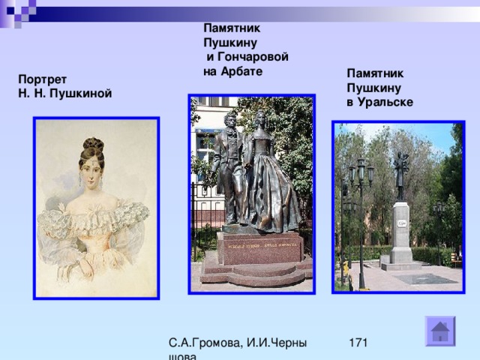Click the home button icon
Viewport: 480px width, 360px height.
tap(440, 331)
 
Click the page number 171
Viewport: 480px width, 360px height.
tap(358, 343)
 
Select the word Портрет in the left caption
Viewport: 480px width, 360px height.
tap(42, 79)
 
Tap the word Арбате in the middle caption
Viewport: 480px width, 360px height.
tap(241, 71)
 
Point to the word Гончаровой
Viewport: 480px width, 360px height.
tap(253, 57)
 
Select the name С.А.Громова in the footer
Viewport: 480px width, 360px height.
tap(205, 343)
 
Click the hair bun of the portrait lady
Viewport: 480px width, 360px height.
tap(93, 143)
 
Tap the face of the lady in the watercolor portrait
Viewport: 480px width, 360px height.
tap(91, 174)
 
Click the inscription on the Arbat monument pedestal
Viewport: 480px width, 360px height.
tap(260, 246)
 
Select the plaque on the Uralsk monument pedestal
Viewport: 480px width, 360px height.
tap(401, 223)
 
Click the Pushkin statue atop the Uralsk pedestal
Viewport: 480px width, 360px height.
tap(401, 175)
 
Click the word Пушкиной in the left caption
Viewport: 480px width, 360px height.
tap(80, 94)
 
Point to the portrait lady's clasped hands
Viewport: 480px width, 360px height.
tap(86, 268)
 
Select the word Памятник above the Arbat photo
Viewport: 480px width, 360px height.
tap(232, 28)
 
